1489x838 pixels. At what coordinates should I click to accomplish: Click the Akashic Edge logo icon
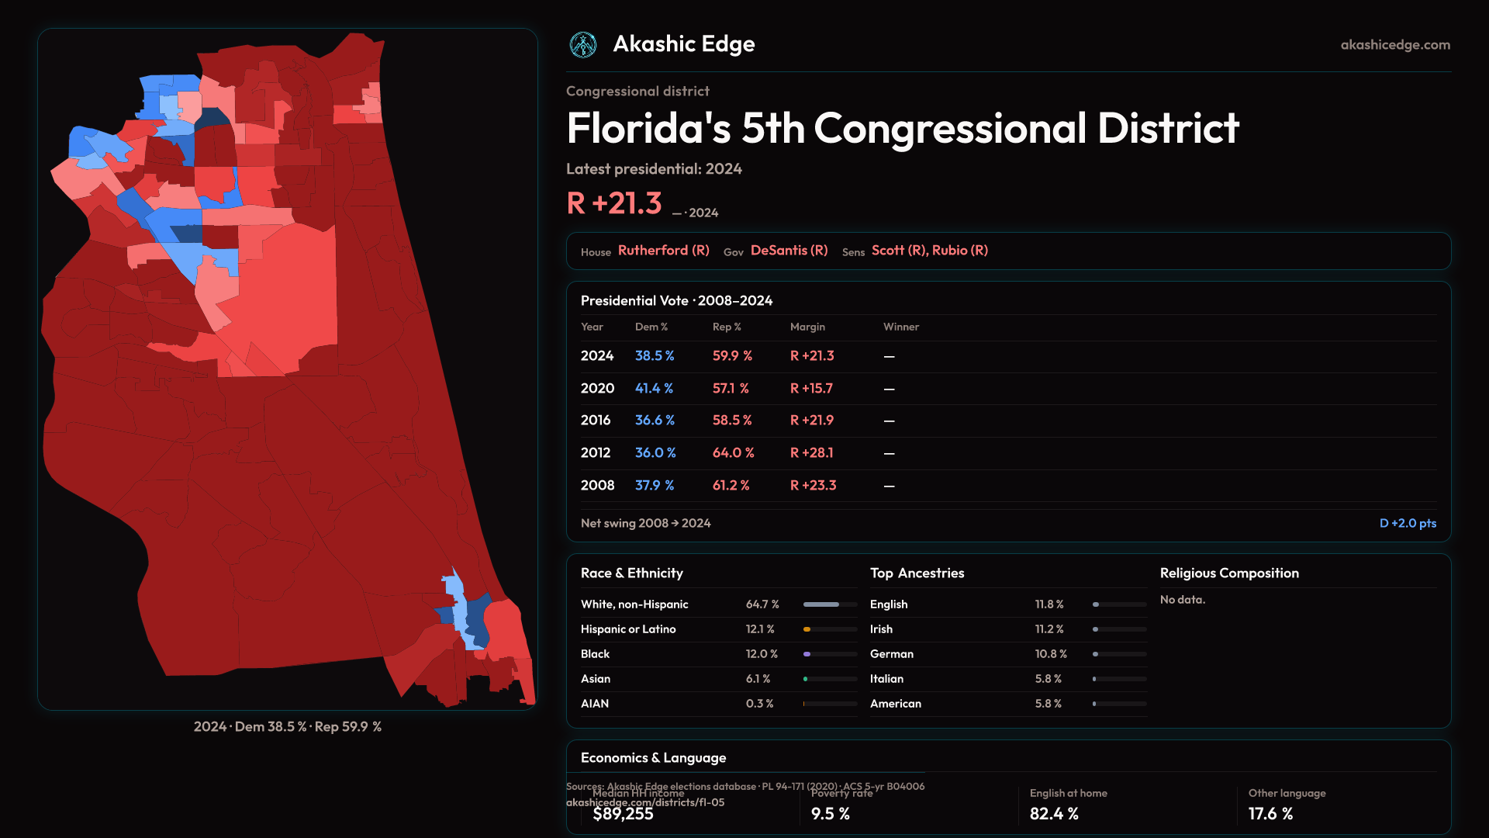(x=583, y=45)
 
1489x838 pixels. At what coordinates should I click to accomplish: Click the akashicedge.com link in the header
(x=1395, y=45)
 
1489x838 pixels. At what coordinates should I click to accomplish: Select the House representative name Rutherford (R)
(x=663, y=251)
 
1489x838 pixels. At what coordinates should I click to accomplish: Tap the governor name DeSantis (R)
(x=789, y=251)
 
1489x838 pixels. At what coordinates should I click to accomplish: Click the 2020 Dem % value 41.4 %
(x=654, y=388)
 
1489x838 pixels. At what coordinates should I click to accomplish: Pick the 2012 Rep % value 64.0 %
(x=733, y=452)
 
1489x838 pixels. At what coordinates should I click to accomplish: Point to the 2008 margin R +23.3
(x=813, y=485)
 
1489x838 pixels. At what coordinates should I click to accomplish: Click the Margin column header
(x=807, y=327)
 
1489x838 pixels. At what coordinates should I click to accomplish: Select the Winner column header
(x=900, y=327)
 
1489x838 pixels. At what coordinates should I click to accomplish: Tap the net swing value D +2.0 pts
(x=1408, y=523)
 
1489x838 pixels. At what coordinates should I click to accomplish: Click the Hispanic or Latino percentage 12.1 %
(x=760, y=629)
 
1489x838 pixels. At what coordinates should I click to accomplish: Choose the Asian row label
(x=596, y=679)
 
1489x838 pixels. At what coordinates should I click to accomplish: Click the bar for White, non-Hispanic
(x=830, y=604)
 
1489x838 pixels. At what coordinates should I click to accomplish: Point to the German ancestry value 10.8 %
(x=1051, y=654)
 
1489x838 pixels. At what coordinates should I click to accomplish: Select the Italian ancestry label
(x=886, y=679)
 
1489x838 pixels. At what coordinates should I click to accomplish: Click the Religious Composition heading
(x=1229, y=573)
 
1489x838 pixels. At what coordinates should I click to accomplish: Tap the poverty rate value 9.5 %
(x=830, y=814)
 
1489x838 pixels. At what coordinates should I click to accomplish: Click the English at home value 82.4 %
(x=1054, y=814)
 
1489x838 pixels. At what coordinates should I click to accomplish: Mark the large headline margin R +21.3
(x=614, y=203)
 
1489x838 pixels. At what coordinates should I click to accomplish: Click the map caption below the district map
(x=288, y=727)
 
